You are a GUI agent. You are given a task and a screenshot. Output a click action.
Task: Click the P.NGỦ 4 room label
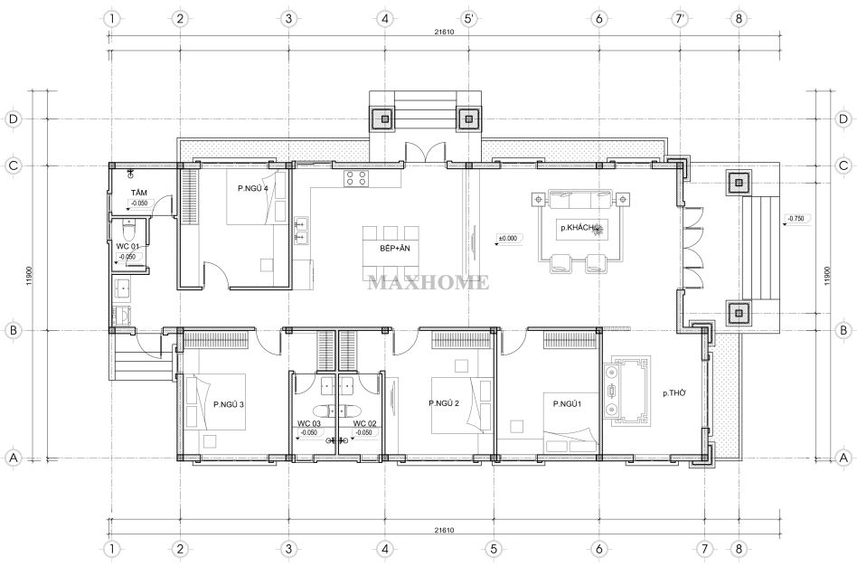tap(252, 188)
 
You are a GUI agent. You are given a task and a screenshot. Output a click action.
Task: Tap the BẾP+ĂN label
tap(395, 249)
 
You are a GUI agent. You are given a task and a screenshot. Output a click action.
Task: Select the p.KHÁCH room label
tap(577, 228)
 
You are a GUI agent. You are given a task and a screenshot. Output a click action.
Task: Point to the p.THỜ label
tap(674, 393)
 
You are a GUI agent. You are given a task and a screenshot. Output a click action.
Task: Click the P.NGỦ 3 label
tap(229, 404)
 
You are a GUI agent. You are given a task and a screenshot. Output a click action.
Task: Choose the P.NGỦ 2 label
tap(444, 403)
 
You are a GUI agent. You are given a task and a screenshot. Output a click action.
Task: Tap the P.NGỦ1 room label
tap(567, 404)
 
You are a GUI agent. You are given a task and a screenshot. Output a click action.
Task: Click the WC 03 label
tap(309, 423)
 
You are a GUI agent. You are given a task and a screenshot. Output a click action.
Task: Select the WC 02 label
tap(364, 423)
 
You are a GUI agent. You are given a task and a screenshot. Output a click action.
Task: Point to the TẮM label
tap(139, 193)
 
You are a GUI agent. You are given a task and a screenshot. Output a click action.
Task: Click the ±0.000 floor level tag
tap(508, 239)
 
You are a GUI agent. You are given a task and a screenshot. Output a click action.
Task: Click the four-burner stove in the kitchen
tap(355, 179)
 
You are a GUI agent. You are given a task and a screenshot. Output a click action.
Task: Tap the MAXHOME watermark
tap(428, 282)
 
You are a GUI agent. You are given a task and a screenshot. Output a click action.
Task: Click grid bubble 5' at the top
tap(469, 19)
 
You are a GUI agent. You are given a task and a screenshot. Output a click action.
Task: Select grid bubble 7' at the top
tap(680, 19)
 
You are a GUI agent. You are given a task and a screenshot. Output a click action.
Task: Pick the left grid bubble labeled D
tap(14, 118)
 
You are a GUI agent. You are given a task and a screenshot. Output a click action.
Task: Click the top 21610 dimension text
tap(444, 32)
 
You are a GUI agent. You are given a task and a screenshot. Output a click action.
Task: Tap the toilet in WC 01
tap(128, 232)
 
